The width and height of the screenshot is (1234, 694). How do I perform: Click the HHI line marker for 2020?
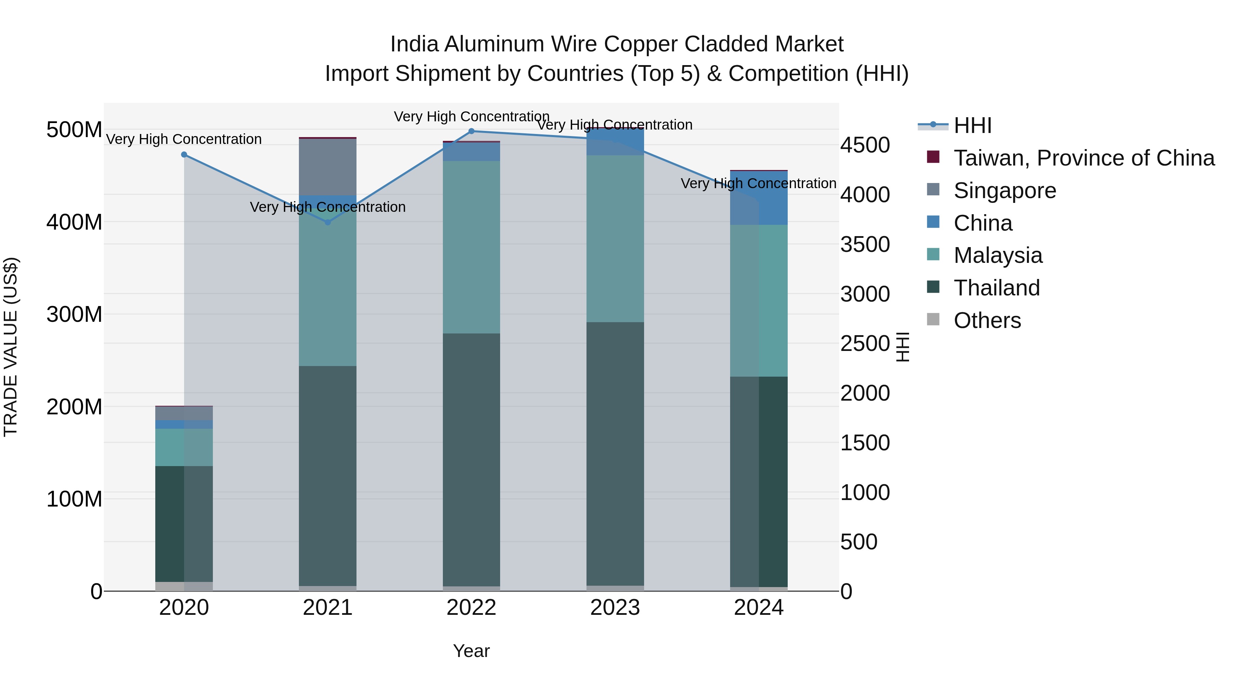(184, 155)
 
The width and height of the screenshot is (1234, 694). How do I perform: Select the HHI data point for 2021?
(328, 222)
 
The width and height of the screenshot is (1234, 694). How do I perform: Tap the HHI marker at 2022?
(471, 131)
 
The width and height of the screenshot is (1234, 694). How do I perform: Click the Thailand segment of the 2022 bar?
(471, 460)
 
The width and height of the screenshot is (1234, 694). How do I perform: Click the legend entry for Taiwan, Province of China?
(1084, 158)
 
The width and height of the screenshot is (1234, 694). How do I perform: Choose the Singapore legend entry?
(1005, 191)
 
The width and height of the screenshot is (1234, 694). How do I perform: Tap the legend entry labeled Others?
(987, 320)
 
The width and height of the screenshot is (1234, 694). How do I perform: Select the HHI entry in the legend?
(972, 125)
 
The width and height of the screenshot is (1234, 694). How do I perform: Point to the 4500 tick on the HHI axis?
(865, 145)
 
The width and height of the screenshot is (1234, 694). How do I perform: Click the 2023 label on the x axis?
(615, 608)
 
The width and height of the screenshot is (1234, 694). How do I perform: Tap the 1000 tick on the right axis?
(865, 492)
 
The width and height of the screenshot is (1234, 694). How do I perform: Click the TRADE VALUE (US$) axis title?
(11, 347)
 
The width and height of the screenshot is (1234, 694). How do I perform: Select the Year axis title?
(471, 651)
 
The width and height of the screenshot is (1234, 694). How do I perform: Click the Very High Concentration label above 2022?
(471, 117)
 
